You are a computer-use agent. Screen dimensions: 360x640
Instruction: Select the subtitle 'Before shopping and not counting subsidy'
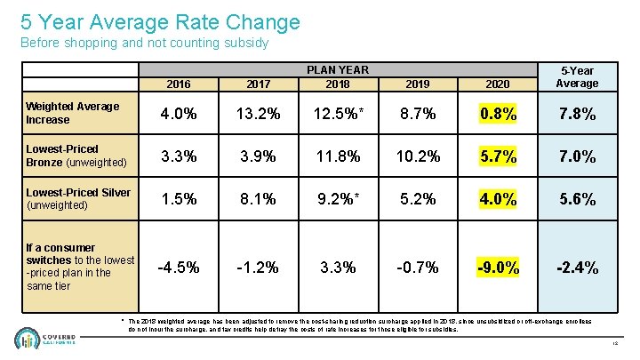pyautogui.click(x=144, y=43)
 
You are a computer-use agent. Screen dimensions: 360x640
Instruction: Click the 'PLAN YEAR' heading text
pyautogui.click(x=337, y=70)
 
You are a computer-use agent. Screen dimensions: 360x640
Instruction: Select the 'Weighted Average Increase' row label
pyautogui.click(x=73, y=113)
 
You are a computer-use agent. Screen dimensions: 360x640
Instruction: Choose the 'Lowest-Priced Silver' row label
pyautogui.click(x=78, y=198)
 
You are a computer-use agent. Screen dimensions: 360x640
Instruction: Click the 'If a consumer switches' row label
pyautogui.click(x=80, y=267)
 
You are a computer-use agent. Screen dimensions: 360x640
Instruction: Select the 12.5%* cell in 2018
pyautogui.click(x=337, y=114)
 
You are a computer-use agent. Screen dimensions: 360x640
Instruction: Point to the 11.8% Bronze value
pyautogui.click(x=337, y=156)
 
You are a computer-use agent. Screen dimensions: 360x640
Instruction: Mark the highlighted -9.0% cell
pyautogui.click(x=498, y=267)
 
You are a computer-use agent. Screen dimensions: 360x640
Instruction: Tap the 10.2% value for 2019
pyautogui.click(x=417, y=156)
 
